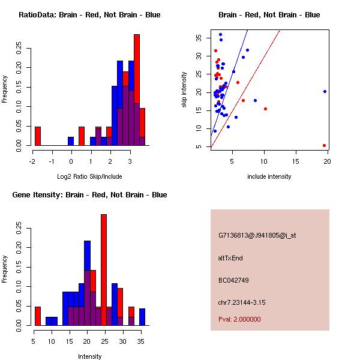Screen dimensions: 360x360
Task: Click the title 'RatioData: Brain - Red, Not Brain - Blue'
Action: point(89,14)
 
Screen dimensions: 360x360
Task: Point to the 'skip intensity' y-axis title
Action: point(184,90)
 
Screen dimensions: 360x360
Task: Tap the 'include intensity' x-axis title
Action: point(269,176)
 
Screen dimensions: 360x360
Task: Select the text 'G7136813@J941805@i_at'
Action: point(257,235)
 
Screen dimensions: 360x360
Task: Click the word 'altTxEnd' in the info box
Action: point(230,258)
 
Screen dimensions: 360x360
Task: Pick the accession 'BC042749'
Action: point(233,280)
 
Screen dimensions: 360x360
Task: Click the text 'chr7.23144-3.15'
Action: point(242,302)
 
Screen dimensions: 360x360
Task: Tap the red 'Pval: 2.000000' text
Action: point(239,319)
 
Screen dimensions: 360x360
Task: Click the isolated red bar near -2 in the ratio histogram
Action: point(37,136)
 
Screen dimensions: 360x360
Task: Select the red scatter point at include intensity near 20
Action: point(324,145)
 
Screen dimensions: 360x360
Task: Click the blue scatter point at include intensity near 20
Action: point(325,91)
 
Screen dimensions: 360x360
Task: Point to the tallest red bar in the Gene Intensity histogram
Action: point(104,270)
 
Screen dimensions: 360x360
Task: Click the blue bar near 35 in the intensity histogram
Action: point(142,317)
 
